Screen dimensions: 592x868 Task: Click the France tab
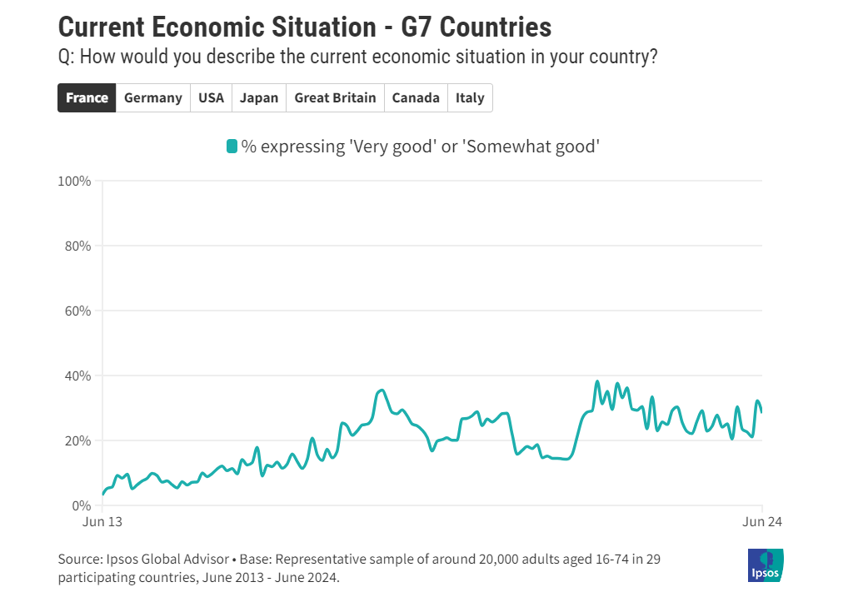[87, 98]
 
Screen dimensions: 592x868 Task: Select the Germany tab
[152, 98]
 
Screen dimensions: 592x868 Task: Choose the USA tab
[211, 98]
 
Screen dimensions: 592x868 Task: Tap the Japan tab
[259, 98]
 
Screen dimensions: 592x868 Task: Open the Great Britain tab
[335, 98]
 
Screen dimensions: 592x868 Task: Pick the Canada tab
[416, 98]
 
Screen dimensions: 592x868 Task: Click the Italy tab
[470, 98]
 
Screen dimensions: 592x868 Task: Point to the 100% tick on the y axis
[75, 181]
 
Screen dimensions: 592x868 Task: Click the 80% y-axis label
[77, 246]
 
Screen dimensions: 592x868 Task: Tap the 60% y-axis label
[77, 311]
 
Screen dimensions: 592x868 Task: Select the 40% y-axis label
[77, 376]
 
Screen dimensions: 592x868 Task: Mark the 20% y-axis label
[77, 440]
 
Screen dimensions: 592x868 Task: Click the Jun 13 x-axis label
[102, 522]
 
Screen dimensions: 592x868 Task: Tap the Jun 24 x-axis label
[761, 522]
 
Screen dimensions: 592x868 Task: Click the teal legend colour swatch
[232, 147]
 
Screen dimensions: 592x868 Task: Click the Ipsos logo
[766, 565]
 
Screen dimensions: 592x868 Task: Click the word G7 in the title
[417, 27]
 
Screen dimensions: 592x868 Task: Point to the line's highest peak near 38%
[597, 382]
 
